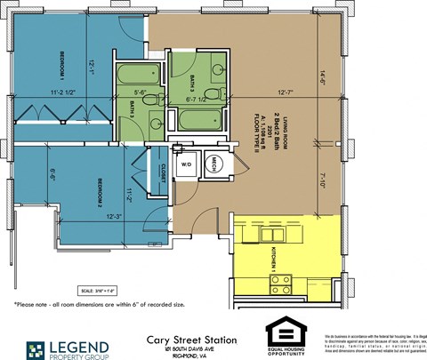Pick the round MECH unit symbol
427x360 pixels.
(216, 164)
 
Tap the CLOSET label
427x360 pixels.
(163, 171)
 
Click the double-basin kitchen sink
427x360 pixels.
(265, 234)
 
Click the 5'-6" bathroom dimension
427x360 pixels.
(141, 92)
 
